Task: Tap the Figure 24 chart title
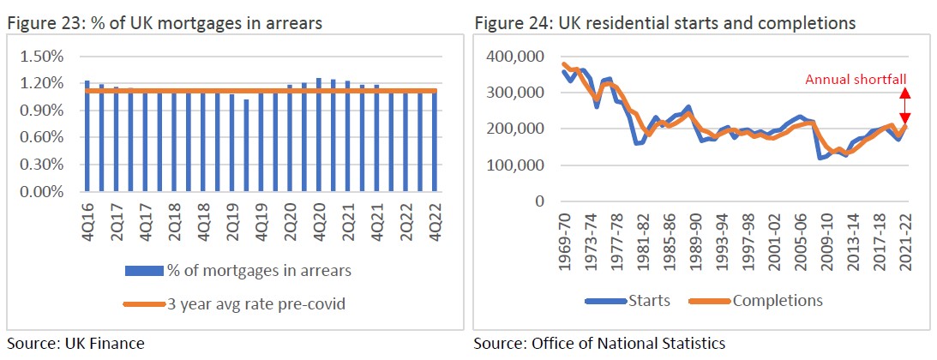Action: [664, 23]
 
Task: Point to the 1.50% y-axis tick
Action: [42, 57]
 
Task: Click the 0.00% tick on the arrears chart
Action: [42, 192]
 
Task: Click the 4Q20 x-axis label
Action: [320, 221]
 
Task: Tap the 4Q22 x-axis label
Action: [435, 221]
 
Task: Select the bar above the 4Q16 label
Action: [87, 136]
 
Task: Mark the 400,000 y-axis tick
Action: [518, 57]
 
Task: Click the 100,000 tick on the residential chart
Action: [518, 165]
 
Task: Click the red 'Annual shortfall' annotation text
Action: [856, 80]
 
